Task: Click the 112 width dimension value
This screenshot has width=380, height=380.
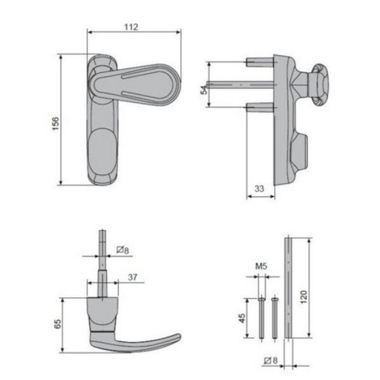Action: coord(131,27)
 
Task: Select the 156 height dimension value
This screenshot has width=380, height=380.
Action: coord(56,123)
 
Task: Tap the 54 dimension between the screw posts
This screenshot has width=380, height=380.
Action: coord(204,90)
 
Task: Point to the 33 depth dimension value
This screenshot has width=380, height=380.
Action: coord(259,189)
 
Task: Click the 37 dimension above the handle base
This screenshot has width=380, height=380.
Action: coord(132,277)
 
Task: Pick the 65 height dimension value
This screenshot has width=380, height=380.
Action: coord(58,324)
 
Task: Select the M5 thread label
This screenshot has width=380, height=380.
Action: coord(261,267)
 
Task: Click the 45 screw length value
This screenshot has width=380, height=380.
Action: coord(242,318)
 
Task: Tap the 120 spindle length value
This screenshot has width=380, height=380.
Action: coord(303,296)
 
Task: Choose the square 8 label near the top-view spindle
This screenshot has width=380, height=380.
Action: coord(123,250)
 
